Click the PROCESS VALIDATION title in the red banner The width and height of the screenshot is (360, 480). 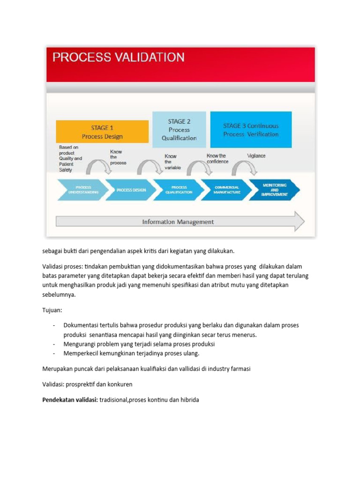coord(118,58)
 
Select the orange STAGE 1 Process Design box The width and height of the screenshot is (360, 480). coord(102,132)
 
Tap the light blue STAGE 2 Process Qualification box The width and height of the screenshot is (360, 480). coord(179,129)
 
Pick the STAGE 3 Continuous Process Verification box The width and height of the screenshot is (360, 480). coord(251,130)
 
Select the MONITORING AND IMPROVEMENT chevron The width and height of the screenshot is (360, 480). coord(275,190)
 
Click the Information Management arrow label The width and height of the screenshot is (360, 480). coord(178,222)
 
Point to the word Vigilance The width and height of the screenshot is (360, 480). coord(256,156)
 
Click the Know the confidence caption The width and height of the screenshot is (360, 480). coord(217,158)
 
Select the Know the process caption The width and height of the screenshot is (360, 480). coord(118,157)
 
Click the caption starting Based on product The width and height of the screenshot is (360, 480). coord(70,158)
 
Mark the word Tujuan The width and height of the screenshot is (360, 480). coord(52,310)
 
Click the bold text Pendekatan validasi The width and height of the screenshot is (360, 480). coord(70,400)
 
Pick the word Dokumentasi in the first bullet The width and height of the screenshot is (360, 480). coord(82,325)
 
